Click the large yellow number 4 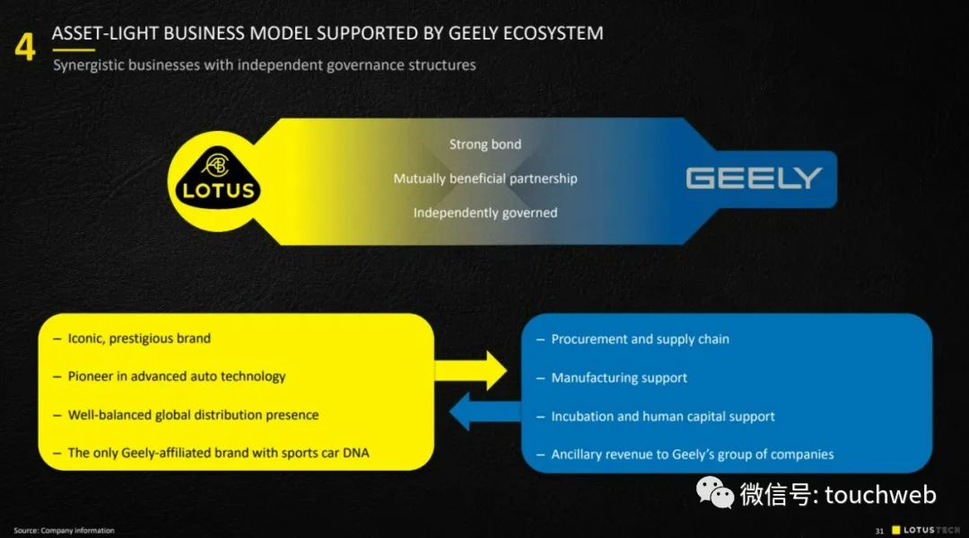pyautogui.click(x=25, y=46)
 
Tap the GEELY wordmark pyautogui.click(x=754, y=178)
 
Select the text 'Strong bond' pyautogui.click(x=484, y=144)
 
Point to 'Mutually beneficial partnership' pyautogui.click(x=484, y=179)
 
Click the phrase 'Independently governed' pyautogui.click(x=484, y=213)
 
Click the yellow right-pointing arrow pyautogui.click(x=472, y=369)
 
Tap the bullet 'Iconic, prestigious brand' pyautogui.click(x=139, y=339)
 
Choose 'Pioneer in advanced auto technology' pyautogui.click(x=177, y=376)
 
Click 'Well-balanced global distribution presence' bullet pyautogui.click(x=193, y=415)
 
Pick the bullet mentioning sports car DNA pyautogui.click(x=218, y=453)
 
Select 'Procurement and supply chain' pyautogui.click(x=640, y=340)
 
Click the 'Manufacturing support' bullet pyautogui.click(x=619, y=378)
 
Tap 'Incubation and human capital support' pyautogui.click(x=663, y=417)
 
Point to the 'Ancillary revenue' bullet pyautogui.click(x=692, y=454)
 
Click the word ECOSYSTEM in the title pyautogui.click(x=548, y=33)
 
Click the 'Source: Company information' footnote pyautogui.click(x=64, y=531)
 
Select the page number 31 pyautogui.click(x=880, y=531)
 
